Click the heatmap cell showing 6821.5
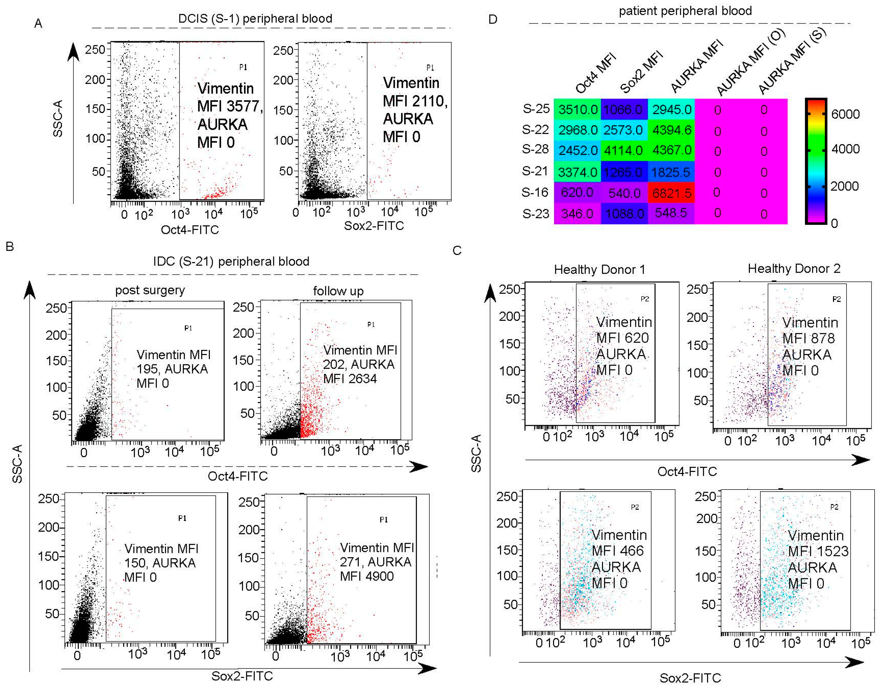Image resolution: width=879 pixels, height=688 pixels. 671,193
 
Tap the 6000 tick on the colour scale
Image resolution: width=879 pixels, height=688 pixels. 845,114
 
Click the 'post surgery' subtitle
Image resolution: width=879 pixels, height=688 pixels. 150,290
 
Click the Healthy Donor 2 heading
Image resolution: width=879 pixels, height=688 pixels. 794,269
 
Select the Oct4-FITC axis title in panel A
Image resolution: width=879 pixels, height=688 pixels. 190,230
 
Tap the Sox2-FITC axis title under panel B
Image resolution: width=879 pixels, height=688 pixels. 242,676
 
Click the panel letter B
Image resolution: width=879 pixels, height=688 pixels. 10,247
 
